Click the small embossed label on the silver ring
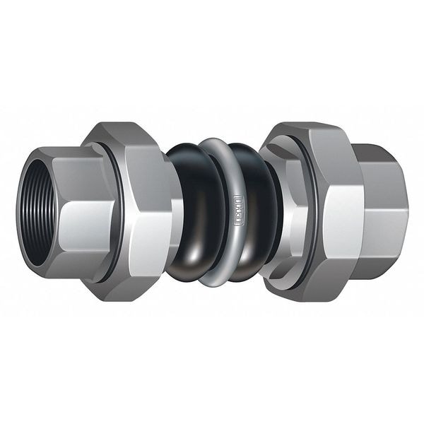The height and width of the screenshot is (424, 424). point(238,209)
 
